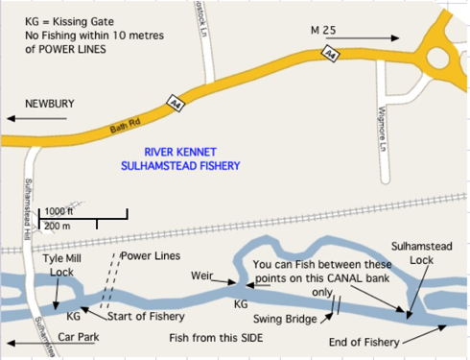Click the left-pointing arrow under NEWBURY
[x=38, y=118]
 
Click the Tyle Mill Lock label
[x=62, y=266]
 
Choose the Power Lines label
[x=151, y=256]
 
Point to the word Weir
[x=201, y=276]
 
